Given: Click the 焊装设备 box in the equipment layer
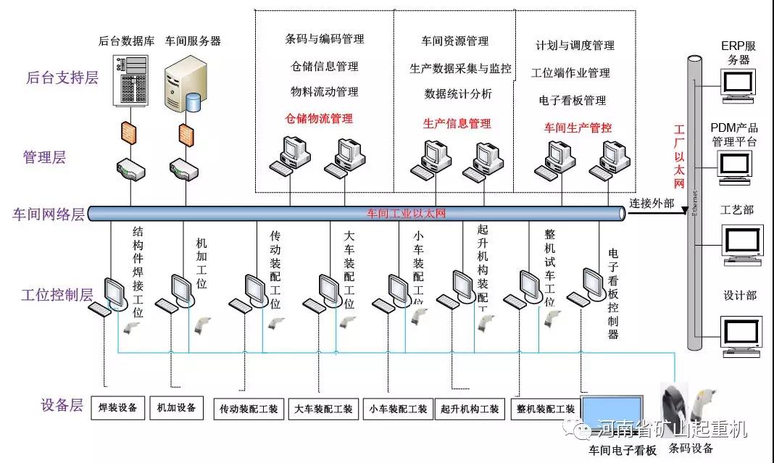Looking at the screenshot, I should tap(117, 407).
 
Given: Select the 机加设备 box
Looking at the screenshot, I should tap(177, 407).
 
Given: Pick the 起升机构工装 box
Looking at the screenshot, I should tap(470, 409).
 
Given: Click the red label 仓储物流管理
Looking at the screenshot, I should tap(319, 118).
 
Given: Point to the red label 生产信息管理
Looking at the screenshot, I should tap(457, 123).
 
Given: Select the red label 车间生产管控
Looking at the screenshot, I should tap(578, 128).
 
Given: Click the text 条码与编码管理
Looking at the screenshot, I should tap(325, 38).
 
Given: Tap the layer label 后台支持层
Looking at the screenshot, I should tap(62, 78).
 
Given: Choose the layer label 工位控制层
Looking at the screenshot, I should tap(57, 295).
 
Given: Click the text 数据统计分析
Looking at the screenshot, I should tap(458, 93).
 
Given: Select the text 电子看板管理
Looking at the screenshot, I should tap(573, 100).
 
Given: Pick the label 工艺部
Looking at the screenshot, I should tap(737, 210).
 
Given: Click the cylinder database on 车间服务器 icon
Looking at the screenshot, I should tap(193, 101).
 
